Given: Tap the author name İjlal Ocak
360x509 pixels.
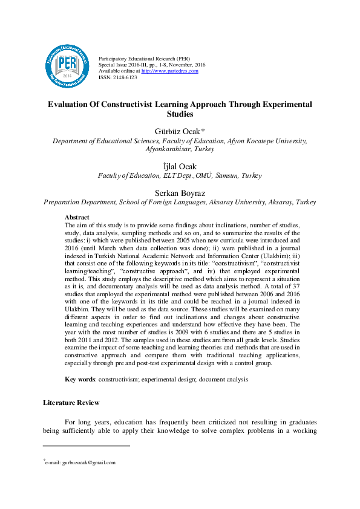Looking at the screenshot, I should pyautogui.click(x=180, y=166).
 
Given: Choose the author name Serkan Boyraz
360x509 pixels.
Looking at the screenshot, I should pyautogui.click(x=180, y=193).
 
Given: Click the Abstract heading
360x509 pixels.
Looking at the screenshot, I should pyautogui.click(x=77, y=217).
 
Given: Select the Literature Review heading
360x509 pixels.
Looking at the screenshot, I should pyautogui.click(x=71, y=403).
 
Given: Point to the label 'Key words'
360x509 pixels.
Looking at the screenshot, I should pyautogui.click(x=80, y=379).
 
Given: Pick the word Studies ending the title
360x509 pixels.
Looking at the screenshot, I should pyautogui.click(x=180, y=114).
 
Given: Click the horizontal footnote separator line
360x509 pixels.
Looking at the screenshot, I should pyautogui.click(x=87, y=446).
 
